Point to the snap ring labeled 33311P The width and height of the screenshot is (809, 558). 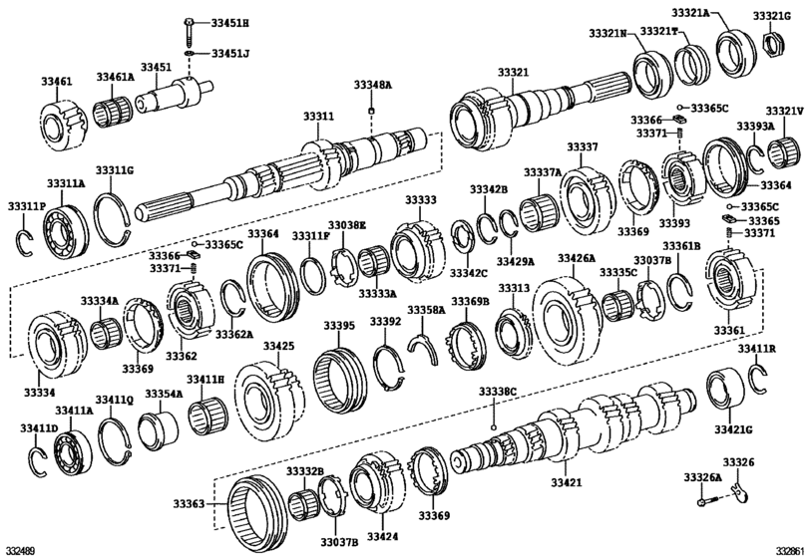pos(28,240)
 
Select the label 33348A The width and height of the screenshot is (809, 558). pos(372,87)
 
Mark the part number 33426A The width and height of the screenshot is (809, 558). pos(577,258)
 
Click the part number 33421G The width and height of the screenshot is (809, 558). pos(733,428)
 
